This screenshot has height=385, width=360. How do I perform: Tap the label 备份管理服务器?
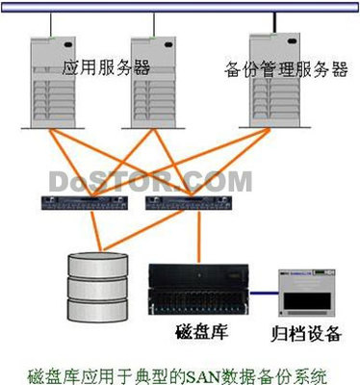[286, 69]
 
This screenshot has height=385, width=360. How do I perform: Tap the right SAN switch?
[173, 203]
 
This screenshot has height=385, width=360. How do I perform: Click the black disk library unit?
[196, 290]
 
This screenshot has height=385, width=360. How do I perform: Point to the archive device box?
[307, 295]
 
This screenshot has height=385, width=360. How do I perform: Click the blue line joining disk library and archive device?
[261, 290]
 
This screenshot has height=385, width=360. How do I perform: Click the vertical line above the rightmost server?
[275, 22]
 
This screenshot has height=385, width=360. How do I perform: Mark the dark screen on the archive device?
[306, 301]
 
